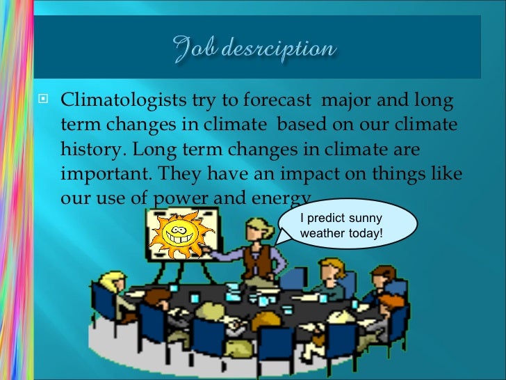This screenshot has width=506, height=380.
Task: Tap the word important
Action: pyautogui.click(x=97, y=173)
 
